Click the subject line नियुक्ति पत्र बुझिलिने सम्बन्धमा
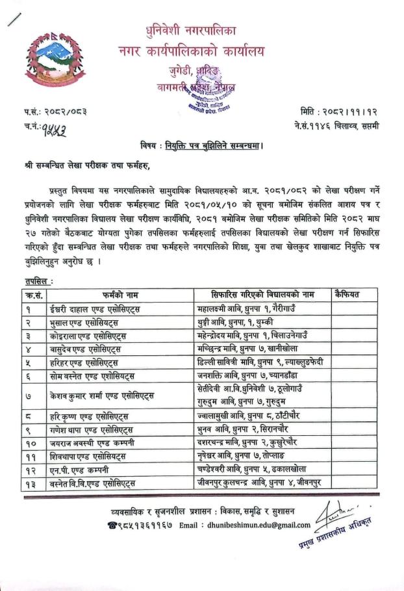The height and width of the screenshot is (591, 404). (x=223, y=144)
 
